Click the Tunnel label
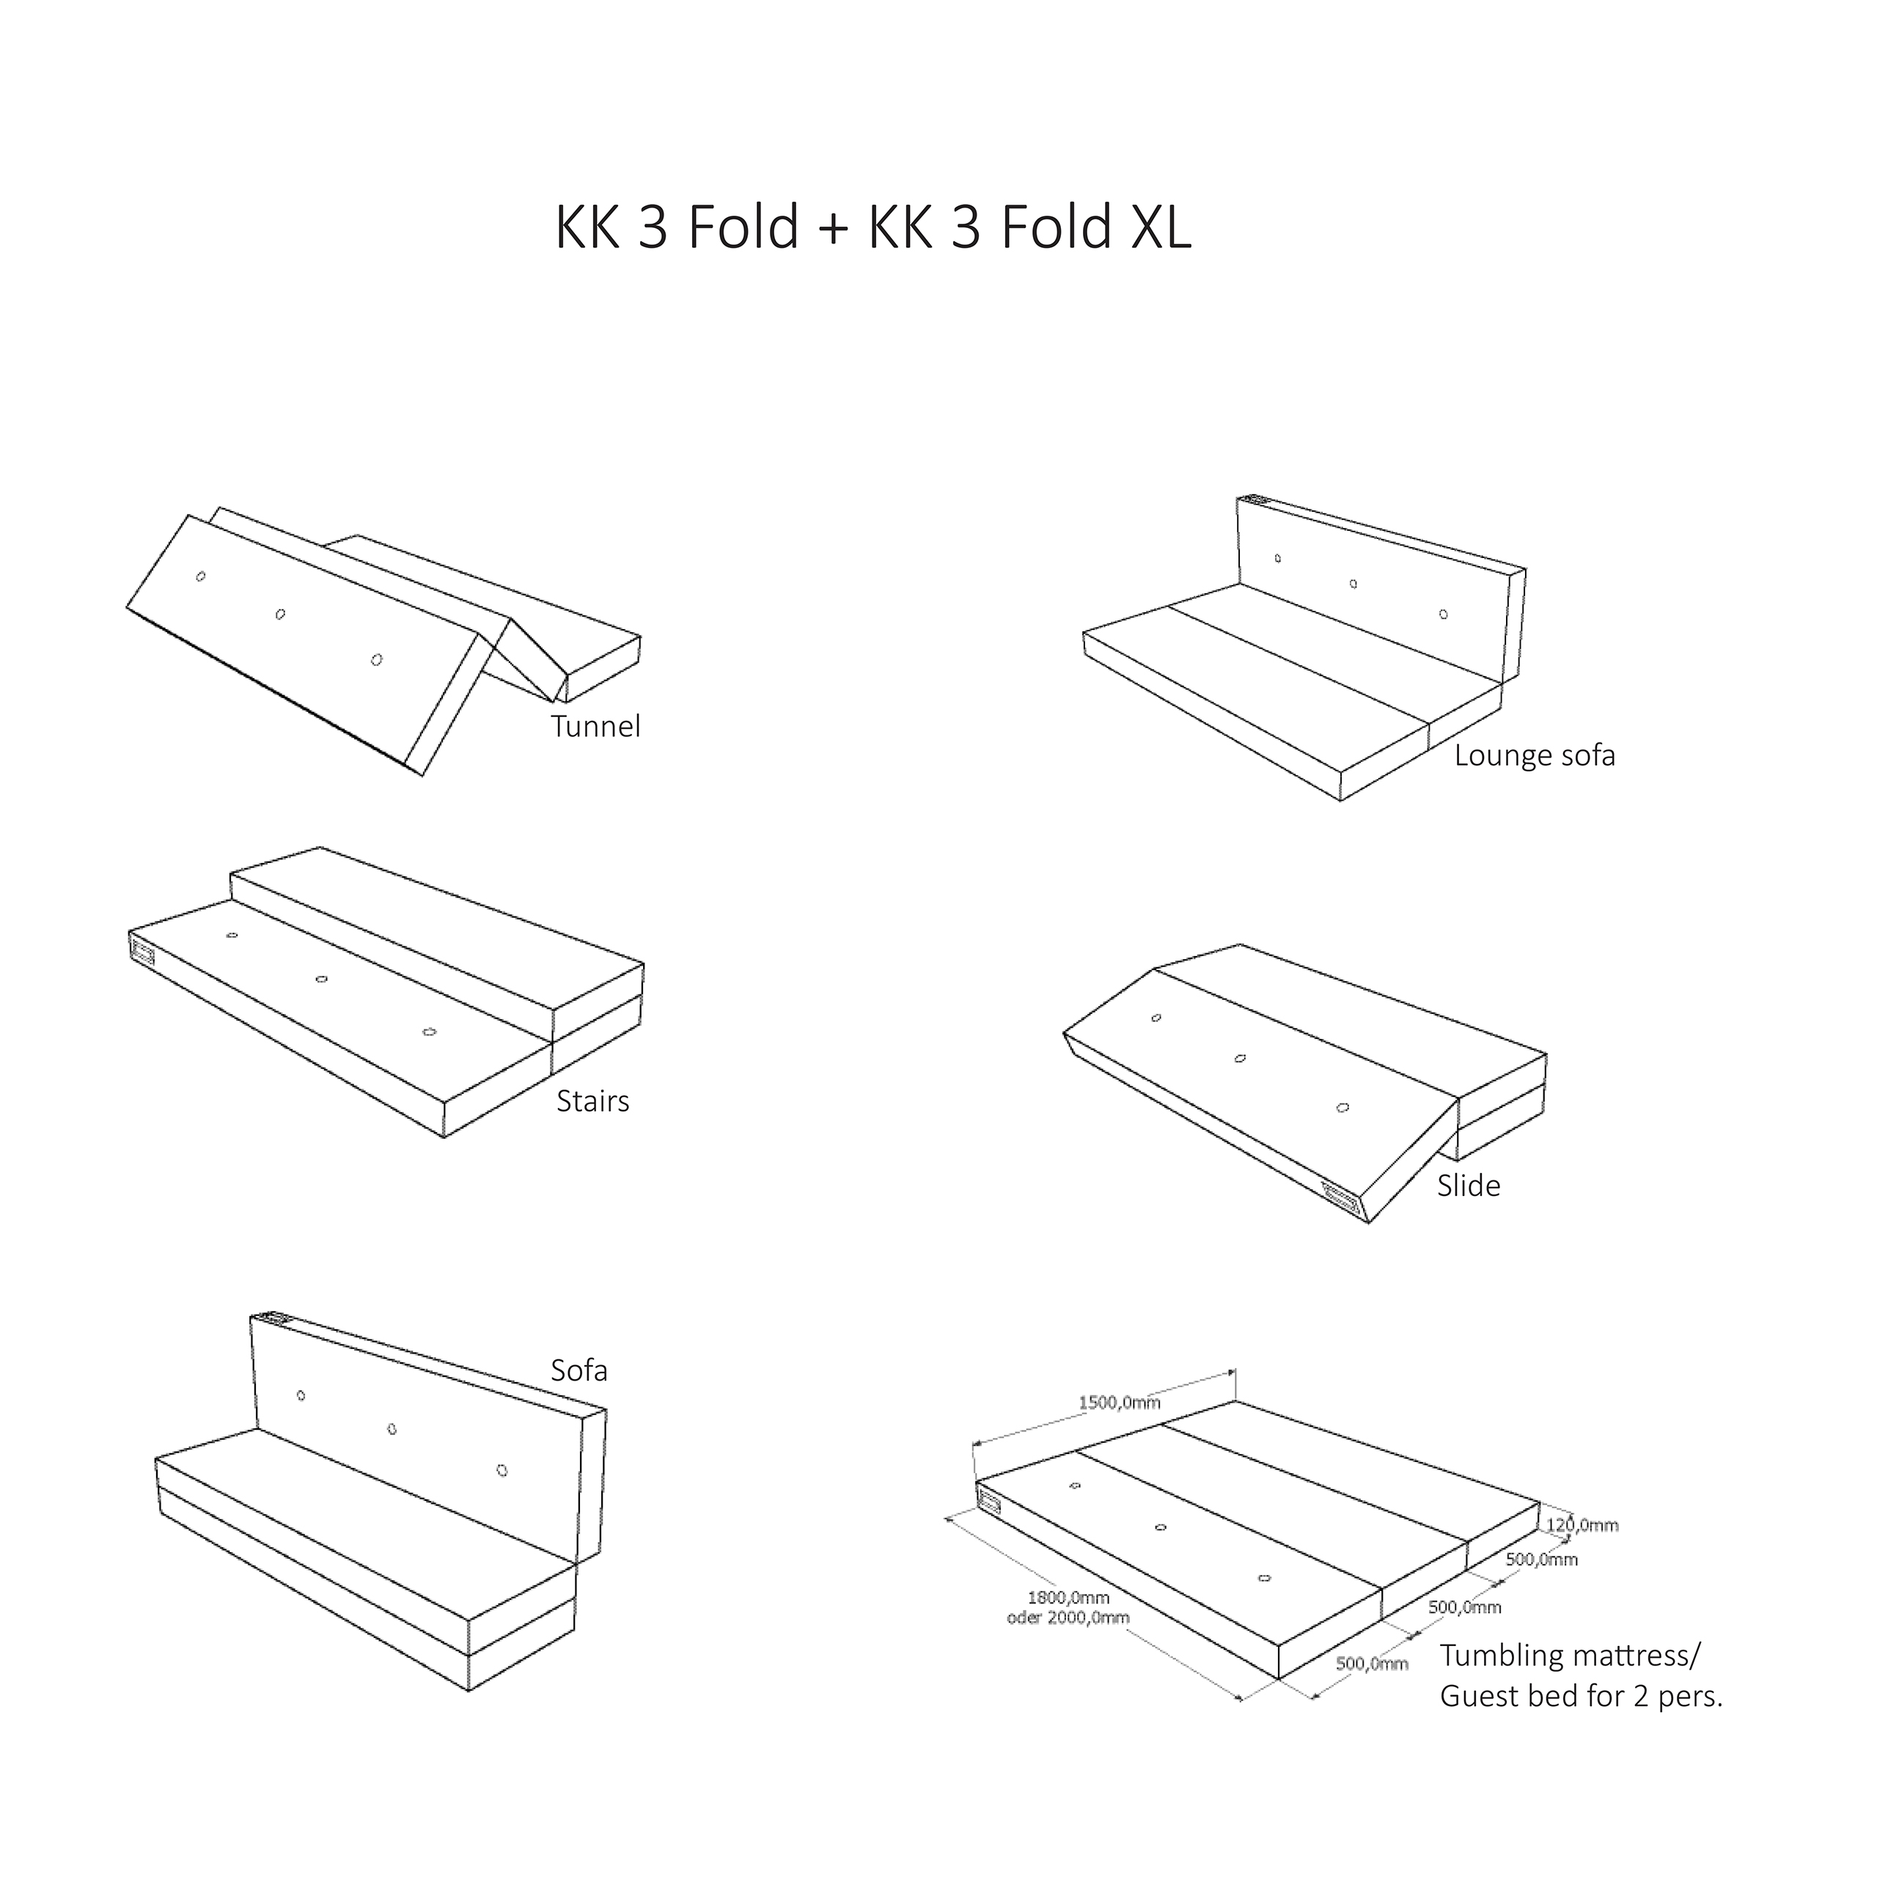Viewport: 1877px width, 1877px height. point(595,727)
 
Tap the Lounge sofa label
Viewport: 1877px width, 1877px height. point(1534,756)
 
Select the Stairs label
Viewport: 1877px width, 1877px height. point(592,1101)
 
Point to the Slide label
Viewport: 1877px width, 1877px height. point(1468,1186)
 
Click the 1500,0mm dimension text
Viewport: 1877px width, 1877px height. point(1119,1402)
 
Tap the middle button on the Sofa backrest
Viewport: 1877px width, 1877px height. point(392,1429)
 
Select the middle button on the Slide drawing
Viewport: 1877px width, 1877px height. point(1240,1058)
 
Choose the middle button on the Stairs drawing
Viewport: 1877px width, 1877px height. point(322,978)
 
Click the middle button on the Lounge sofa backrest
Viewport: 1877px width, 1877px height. point(1353,584)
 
